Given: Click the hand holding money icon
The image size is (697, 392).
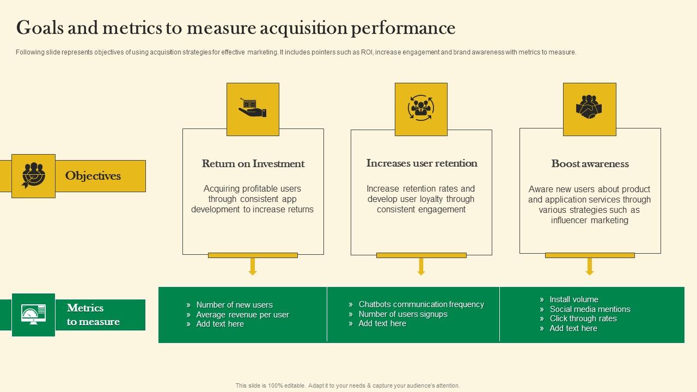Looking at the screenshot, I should tap(253, 108).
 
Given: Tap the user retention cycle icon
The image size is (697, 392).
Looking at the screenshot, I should tap(421, 108).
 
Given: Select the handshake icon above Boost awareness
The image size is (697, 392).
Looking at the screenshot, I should tap(589, 108).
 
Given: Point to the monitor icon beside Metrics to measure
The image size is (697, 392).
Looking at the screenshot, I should tap(33, 315).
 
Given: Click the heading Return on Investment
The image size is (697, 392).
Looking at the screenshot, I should tap(253, 164).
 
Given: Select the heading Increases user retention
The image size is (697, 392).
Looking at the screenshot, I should tap(421, 163).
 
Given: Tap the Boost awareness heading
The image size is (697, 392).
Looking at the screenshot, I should tap(590, 164).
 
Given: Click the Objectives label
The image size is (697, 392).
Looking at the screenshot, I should tap(93, 176).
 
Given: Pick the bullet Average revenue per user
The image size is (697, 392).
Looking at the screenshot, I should tap(242, 315).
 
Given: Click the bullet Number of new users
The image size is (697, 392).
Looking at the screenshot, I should tap(234, 305).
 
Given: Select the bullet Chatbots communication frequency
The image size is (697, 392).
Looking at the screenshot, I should tap(421, 304).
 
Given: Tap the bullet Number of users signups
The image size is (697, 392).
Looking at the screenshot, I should tap(403, 314).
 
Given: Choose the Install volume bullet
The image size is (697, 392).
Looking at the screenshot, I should tap(573, 299).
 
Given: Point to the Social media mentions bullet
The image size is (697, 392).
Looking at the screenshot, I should tap(590, 309).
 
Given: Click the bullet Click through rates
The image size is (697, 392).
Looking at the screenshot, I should tap(583, 318).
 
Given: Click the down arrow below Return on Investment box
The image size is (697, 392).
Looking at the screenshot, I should tap(253, 267).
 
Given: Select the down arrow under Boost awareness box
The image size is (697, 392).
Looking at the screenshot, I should tap(590, 267).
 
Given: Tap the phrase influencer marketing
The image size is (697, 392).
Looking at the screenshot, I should tap(590, 220).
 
